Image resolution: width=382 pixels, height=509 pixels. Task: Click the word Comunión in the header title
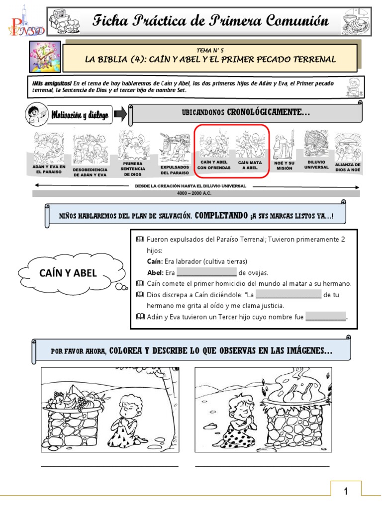point(297,20)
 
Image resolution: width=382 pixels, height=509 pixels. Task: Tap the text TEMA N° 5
point(210,50)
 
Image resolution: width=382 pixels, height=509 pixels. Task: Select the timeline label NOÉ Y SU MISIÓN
point(284,166)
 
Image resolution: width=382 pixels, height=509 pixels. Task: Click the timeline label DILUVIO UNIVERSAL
point(316,165)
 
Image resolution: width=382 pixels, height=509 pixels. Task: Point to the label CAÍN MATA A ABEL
point(250,165)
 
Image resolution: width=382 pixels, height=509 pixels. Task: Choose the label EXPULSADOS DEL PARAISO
point(175,170)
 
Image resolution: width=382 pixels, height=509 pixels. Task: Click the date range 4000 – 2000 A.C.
point(194,193)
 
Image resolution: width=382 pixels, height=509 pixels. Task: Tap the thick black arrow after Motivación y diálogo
point(120,114)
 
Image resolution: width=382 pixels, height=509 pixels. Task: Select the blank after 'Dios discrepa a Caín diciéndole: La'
point(288,294)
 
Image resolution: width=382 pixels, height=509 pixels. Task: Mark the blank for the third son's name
point(326,316)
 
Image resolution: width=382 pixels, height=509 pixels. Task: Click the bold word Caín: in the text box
point(154,261)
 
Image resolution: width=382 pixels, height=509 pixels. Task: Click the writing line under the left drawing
point(109,466)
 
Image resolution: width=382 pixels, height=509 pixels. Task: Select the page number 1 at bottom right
point(346,491)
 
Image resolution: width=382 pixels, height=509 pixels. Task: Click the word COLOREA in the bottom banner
point(125,350)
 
